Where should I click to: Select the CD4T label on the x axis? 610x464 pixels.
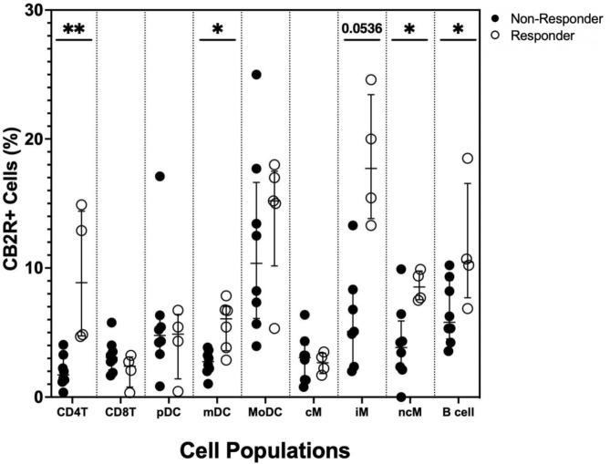(x=72, y=412)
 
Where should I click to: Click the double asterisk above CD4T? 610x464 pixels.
(x=74, y=30)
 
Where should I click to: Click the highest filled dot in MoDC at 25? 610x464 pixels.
(x=256, y=75)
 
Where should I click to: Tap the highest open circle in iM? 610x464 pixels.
(x=370, y=80)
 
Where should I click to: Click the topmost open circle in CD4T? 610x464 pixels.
(x=81, y=205)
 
